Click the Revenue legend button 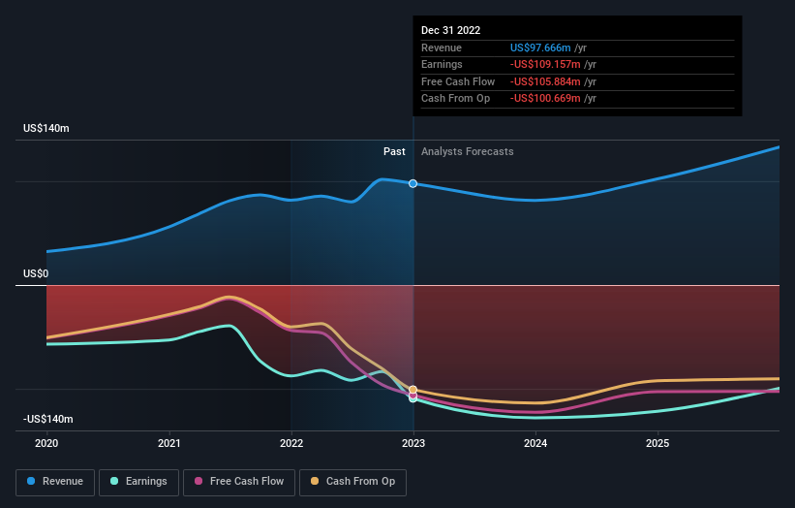[x=54, y=481]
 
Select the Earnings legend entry [x=138, y=481]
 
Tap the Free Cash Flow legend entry [x=238, y=481]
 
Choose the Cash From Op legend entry [x=352, y=481]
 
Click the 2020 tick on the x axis [x=46, y=443]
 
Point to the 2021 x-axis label [x=169, y=443]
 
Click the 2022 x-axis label [x=291, y=443]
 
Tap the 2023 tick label [x=413, y=443]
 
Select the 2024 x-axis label [x=535, y=443]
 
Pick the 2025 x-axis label [x=657, y=443]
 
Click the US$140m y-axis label [x=47, y=129]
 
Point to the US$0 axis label [x=36, y=274]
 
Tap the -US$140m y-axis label [x=49, y=419]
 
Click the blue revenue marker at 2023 [x=413, y=183]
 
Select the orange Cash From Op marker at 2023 [x=413, y=390]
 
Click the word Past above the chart [x=394, y=151]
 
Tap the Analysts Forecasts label [x=467, y=151]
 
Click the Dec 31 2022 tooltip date [x=450, y=31]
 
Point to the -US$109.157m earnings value [x=547, y=65]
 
